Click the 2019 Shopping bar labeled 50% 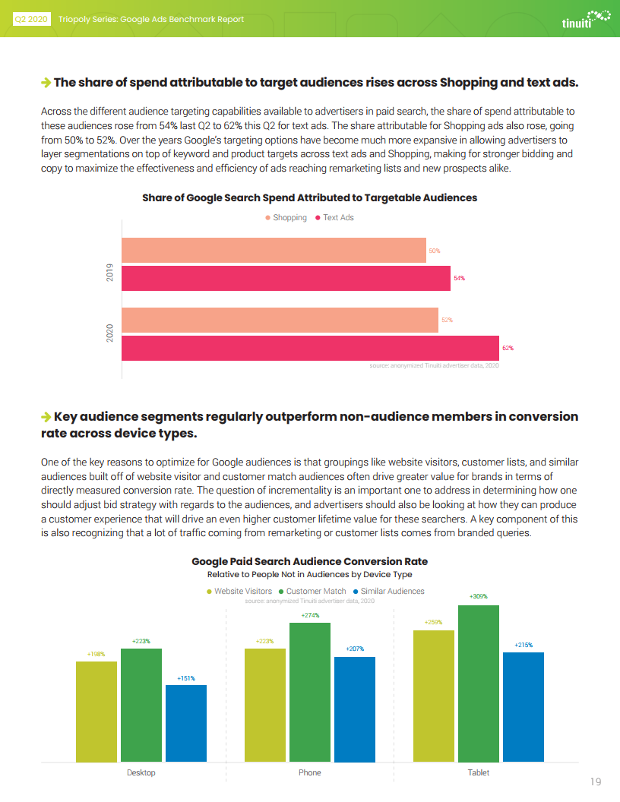pyautogui.click(x=274, y=250)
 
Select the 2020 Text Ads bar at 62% pyautogui.click(x=310, y=348)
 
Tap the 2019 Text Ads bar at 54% pyautogui.click(x=286, y=278)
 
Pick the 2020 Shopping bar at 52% pyautogui.click(x=280, y=320)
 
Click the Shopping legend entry pyautogui.click(x=286, y=217)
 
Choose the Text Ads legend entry pyautogui.click(x=334, y=217)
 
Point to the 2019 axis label pyautogui.click(x=109, y=272)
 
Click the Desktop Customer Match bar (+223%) pyautogui.click(x=141, y=706)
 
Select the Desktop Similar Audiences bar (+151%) pyautogui.click(x=186, y=723)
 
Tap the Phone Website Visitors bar pyautogui.click(x=265, y=706)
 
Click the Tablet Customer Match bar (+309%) pyautogui.click(x=479, y=684)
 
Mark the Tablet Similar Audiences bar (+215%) pyautogui.click(x=524, y=707)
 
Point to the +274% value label pyautogui.click(x=310, y=615)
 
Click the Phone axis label pyautogui.click(x=310, y=772)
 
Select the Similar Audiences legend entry pyautogui.click(x=389, y=591)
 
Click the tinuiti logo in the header pyautogui.click(x=587, y=19)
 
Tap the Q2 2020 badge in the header pyautogui.click(x=31, y=20)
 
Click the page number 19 pyautogui.click(x=596, y=781)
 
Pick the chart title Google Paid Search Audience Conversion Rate pyautogui.click(x=310, y=561)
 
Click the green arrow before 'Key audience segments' pyautogui.click(x=46, y=417)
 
